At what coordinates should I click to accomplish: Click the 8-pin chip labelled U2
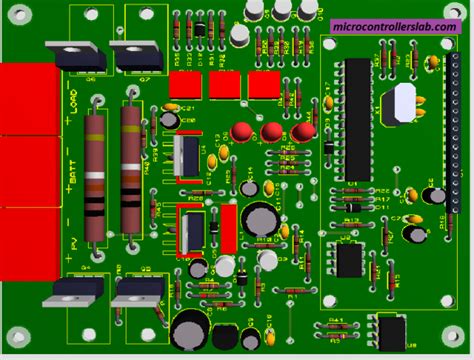point(348,260)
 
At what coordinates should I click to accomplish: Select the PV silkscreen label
point(72,236)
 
